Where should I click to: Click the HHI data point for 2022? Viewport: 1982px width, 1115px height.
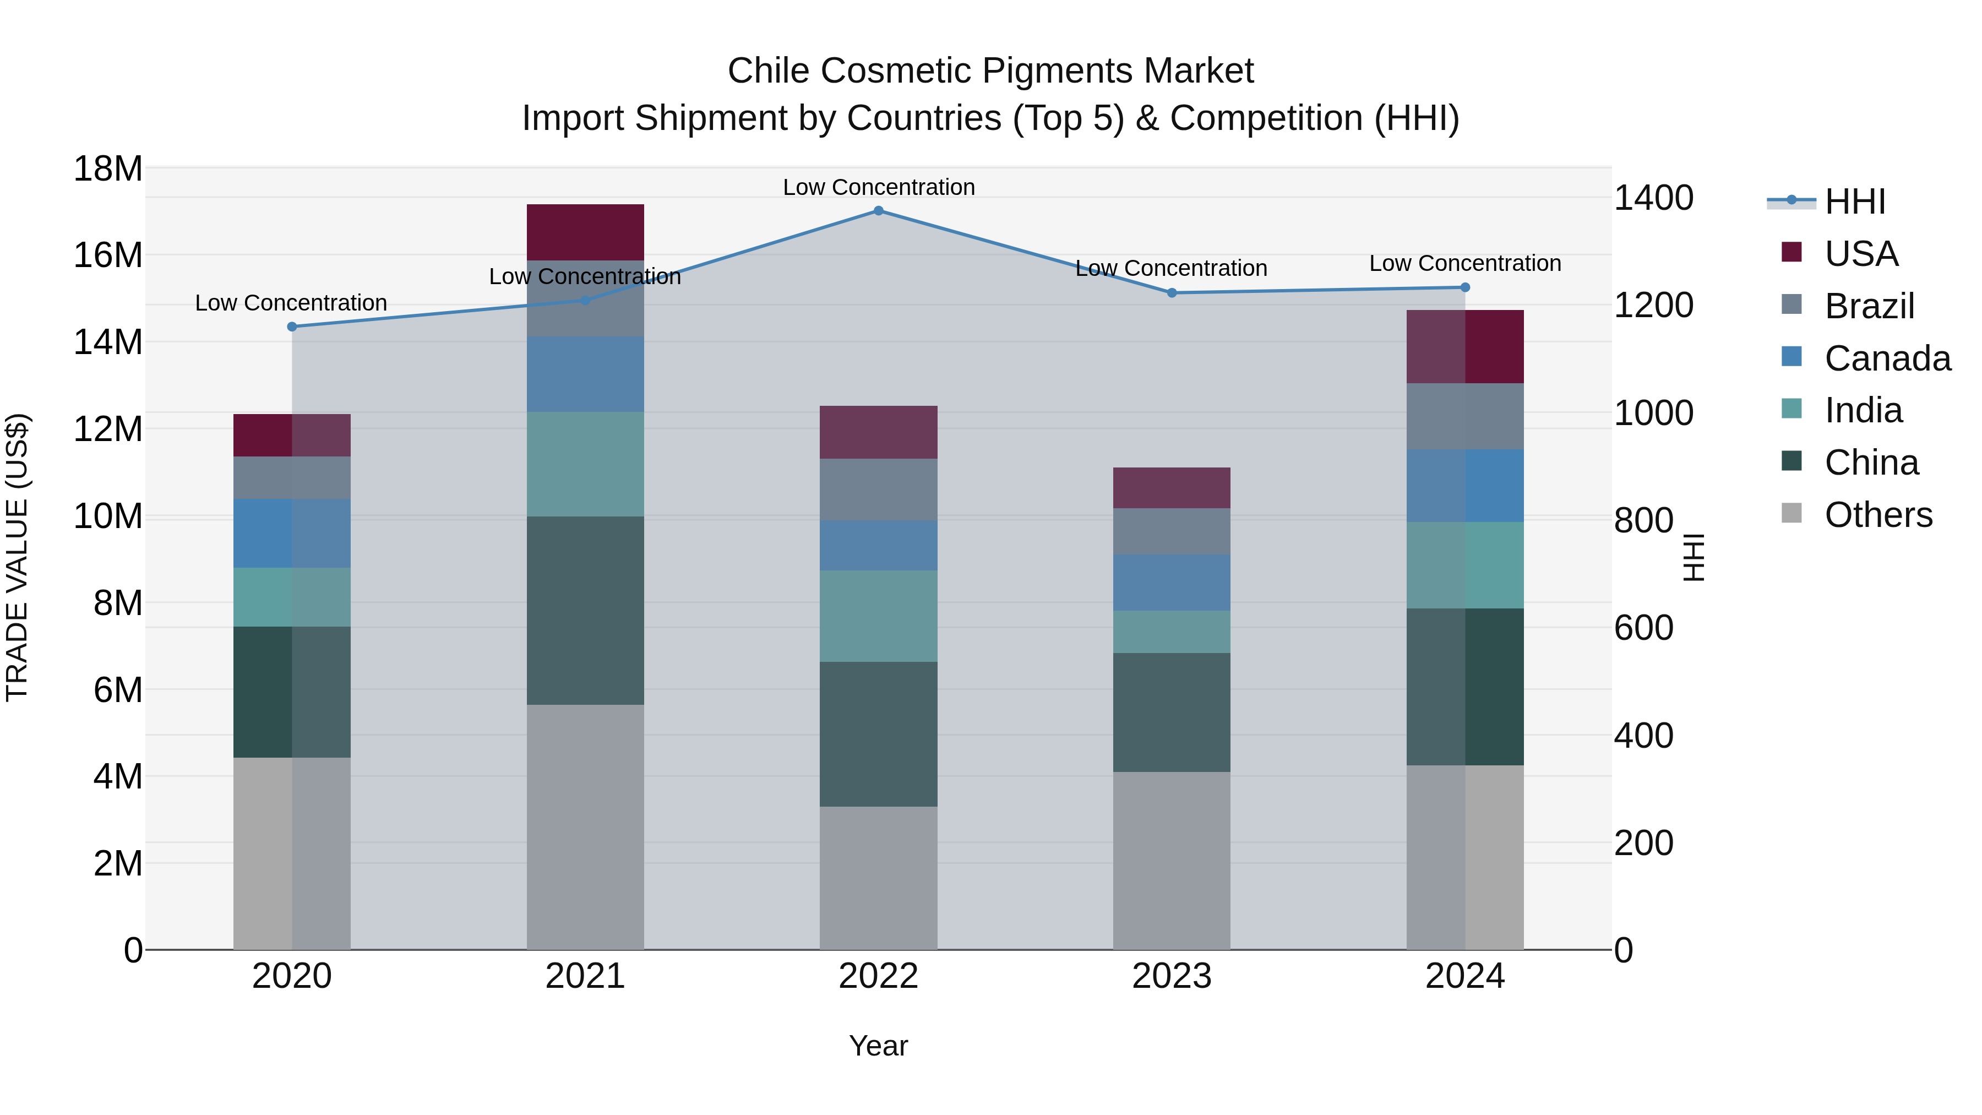[878, 211]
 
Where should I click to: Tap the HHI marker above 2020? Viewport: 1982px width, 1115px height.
[292, 327]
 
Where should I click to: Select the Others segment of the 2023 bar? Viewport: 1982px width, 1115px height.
[1171, 860]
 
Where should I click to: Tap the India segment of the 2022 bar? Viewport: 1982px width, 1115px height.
[878, 616]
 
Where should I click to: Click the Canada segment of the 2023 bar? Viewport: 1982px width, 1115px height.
[1171, 583]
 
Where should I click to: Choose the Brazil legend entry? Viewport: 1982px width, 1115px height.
[1869, 306]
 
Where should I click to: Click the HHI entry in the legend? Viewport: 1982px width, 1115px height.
[1854, 202]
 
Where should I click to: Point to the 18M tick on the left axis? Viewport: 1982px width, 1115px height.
[108, 168]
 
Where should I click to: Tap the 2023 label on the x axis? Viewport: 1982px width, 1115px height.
[1171, 976]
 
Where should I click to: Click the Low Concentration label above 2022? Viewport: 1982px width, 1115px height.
[878, 187]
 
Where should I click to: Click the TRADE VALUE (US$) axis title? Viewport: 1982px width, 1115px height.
[18, 557]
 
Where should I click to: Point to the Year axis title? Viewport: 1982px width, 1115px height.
[878, 1046]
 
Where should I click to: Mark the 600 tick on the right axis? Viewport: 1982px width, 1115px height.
[1643, 628]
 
